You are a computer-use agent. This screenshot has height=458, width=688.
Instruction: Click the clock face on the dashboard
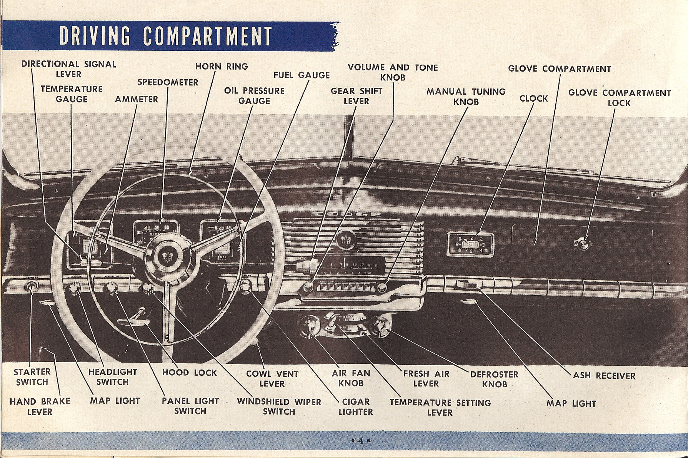pyautogui.click(x=470, y=244)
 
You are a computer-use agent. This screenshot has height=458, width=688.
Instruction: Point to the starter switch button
pyautogui.click(x=30, y=286)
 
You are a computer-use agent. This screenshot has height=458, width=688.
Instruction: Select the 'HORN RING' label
pyautogui.click(x=222, y=67)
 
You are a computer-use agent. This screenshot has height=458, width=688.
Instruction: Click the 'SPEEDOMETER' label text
pyautogui.click(x=168, y=82)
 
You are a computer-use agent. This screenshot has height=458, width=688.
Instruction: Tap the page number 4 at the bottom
pyautogui.click(x=360, y=440)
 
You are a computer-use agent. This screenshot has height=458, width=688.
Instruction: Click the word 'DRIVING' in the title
pyautogui.click(x=95, y=36)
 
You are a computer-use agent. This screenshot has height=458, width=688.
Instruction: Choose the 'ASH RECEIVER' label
pyautogui.click(x=604, y=376)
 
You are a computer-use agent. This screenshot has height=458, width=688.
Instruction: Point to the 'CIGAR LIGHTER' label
pyautogui.click(x=356, y=407)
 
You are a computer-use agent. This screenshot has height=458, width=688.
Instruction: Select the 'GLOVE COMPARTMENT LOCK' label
pyautogui.click(x=619, y=98)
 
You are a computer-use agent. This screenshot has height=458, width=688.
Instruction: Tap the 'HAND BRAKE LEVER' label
pyautogui.click(x=40, y=407)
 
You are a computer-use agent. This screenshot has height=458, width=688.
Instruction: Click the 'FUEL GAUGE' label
pyautogui.click(x=302, y=75)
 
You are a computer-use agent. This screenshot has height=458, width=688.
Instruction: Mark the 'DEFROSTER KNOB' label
pyautogui.click(x=494, y=379)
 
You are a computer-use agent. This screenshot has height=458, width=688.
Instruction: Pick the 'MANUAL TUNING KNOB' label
pyautogui.click(x=466, y=97)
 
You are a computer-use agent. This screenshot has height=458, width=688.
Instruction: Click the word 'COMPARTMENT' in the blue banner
pyautogui.click(x=208, y=37)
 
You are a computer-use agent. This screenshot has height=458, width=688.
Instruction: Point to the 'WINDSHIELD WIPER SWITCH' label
pyautogui.click(x=279, y=407)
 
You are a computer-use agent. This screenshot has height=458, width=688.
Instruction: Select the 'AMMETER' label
pyautogui.click(x=137, y=99)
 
